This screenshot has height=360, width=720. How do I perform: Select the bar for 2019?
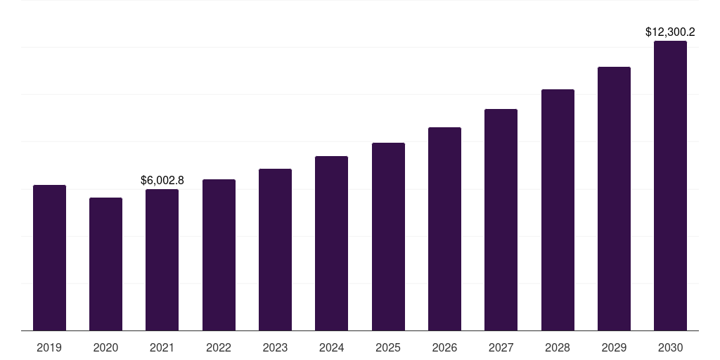point(49,257)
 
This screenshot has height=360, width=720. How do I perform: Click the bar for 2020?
point(105,264)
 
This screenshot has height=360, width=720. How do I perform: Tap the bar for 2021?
point(162,259)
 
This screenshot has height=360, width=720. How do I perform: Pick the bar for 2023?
point(275,250)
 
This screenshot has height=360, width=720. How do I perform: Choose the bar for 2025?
point(388,236)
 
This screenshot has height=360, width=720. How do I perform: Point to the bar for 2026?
point(444,229)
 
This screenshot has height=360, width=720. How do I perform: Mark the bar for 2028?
point(558,210)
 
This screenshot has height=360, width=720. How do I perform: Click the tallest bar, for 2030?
point(670,186)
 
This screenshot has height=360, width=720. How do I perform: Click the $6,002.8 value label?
point(162,181)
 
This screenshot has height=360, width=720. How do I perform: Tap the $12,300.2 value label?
point(670,32)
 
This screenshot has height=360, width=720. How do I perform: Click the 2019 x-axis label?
point(49,347)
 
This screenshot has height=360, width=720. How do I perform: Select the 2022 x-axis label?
point(219,347)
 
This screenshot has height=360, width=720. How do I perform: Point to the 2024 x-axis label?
point(331,347)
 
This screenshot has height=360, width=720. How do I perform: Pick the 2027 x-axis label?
point(501,347)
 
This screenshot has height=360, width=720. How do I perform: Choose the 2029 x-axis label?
point(614,347)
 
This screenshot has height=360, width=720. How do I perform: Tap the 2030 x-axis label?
point(670,347)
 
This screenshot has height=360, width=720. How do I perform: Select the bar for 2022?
point(219,255)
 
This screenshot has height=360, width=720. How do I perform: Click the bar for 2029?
point(614,198)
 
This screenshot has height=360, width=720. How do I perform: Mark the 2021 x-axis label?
point(162,347)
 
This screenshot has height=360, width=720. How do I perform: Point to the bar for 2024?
point(331,243)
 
